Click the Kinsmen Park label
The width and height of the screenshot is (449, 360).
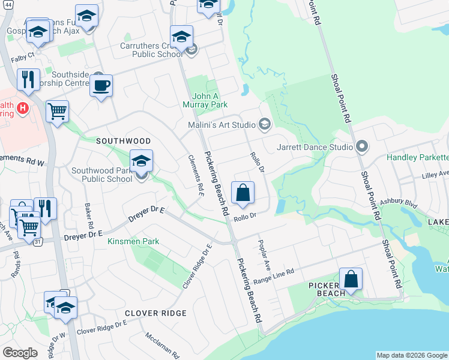pos(133,241)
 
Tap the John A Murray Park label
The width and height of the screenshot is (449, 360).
pos(209,100)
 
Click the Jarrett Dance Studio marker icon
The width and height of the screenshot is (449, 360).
pos(361,146)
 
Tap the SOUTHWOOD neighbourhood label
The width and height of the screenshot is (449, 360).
pos(124,140)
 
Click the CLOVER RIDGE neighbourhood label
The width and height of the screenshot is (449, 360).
pos(155,313)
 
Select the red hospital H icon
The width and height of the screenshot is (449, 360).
pos(23,108)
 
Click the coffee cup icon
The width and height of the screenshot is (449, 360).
pos(101,85)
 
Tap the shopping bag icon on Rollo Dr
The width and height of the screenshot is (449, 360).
pos(243,193)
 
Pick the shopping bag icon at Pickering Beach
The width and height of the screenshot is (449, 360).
pos(351,279)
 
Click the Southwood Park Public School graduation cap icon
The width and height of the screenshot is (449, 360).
pos(142,161)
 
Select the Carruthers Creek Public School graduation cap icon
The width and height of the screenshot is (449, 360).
pos(181,37)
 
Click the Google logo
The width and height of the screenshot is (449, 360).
pos(20,353)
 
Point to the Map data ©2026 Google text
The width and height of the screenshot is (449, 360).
pos(412,355)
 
